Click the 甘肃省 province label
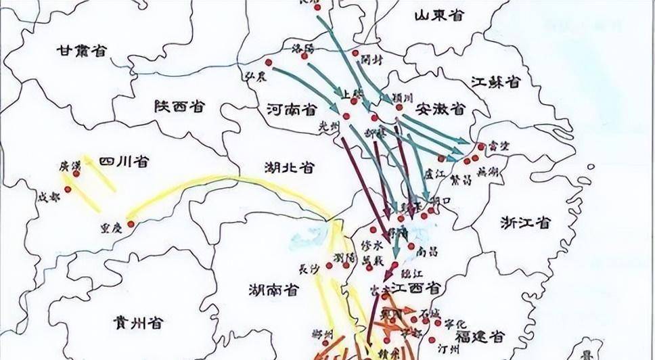[x=83, y=50]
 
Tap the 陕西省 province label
[x=180, y=106]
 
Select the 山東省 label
[x=440, y=15]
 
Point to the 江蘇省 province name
[x=496, y=82]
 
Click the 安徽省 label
[x=441, y=108]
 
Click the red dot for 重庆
[x=131, y=224]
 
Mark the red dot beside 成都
[x=68, y=189]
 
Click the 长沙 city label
[x=309, y=269]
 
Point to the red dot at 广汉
[x=76, y=173]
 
